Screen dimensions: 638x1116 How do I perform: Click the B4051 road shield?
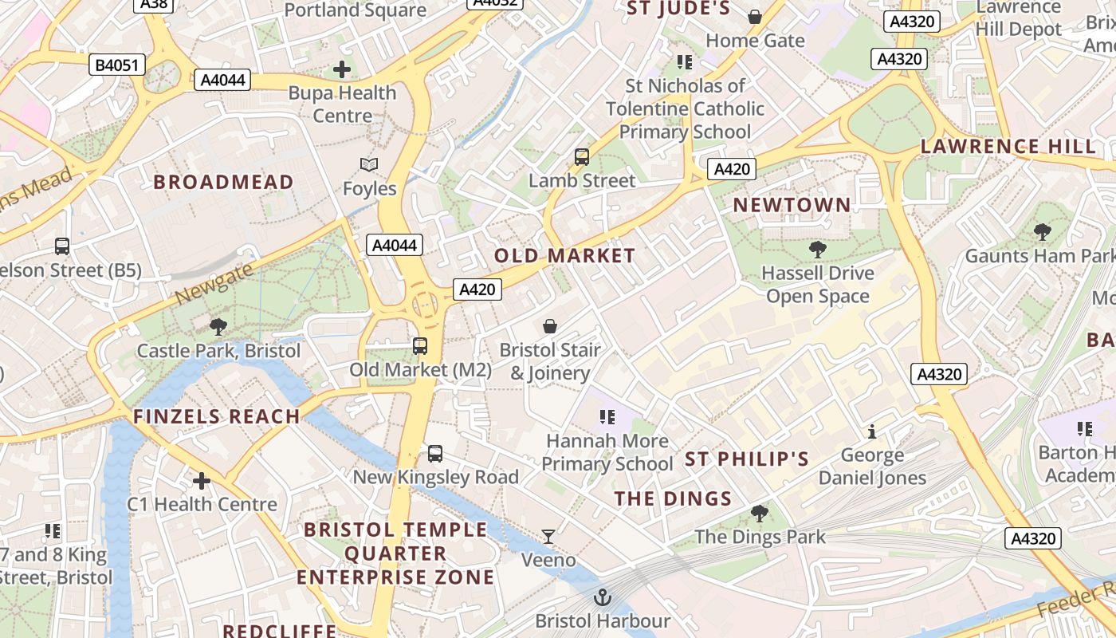pos(116,65)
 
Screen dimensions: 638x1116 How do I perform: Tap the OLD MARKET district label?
pos(564,256)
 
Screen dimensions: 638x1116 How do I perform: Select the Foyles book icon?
pos(368,165)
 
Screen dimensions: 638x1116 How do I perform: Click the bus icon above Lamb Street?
pos(582,157)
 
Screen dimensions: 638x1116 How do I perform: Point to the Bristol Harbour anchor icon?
pos(603,597)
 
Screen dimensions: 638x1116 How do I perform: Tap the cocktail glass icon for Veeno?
pos(548,537)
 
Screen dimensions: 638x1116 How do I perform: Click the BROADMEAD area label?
pos(223,183)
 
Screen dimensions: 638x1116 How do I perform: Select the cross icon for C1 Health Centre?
pos(202,481)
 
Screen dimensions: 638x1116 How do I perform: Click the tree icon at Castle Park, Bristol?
pos(218,327)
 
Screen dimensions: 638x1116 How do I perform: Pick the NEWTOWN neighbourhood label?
pos(792,205)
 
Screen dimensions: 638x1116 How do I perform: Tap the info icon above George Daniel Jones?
pos(872,431)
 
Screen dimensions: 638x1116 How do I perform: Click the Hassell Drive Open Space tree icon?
pos(817,250)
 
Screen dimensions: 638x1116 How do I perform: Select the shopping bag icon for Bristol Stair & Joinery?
pos(550,326)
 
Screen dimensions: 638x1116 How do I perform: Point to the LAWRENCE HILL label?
pos(1008,147)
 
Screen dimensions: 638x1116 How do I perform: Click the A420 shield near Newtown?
pos(732,169)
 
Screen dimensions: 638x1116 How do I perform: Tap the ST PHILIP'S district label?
pos(747,459)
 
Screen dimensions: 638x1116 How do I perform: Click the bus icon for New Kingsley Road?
pos(435,454)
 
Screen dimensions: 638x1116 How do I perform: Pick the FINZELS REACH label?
pos(216,416)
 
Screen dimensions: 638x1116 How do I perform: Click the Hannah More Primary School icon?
pos(607,417)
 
